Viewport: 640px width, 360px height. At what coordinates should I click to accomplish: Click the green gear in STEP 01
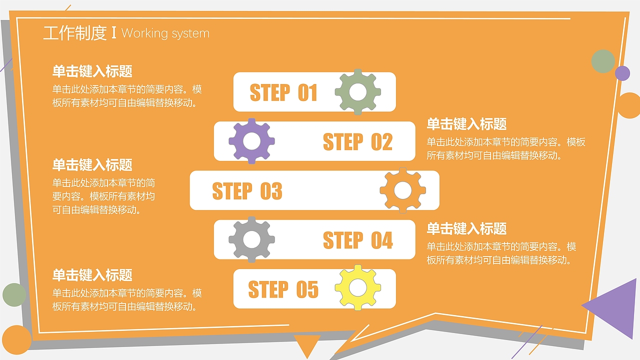click(357, 92)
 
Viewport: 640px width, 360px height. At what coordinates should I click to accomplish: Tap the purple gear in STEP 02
click(251, 141)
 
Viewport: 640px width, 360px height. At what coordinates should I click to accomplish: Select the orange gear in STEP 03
click(402, 190)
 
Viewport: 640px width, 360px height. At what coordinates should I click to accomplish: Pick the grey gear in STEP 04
click(251, 239)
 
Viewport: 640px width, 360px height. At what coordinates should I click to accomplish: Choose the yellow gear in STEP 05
click(357, 288)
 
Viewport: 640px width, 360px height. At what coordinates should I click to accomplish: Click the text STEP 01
click(283, 93)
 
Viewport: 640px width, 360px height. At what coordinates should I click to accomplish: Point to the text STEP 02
click(357, 142)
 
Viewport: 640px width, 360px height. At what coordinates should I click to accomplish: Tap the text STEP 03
click(247, 191)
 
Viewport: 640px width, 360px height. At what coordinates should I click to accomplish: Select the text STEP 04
click(357, 240)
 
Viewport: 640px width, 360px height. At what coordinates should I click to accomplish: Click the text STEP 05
click(283, 289)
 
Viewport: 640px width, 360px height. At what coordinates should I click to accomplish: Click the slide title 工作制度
click(75, 33)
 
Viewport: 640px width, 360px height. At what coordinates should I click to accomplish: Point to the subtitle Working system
click(165, 33)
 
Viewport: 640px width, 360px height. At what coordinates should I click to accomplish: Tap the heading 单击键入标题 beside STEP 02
click(466, 124)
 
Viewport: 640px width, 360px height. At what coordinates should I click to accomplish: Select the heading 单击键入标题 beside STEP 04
click(466, 229)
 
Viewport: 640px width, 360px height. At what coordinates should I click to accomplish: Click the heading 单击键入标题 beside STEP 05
click(92, 275)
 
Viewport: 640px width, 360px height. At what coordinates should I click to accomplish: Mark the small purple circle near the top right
click(622, 73)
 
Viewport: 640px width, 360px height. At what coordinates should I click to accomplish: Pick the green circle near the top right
click(603, 61)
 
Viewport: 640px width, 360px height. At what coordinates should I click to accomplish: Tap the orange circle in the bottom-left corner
click(16, 340)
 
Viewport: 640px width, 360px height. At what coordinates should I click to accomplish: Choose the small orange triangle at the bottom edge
click(306, 343)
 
